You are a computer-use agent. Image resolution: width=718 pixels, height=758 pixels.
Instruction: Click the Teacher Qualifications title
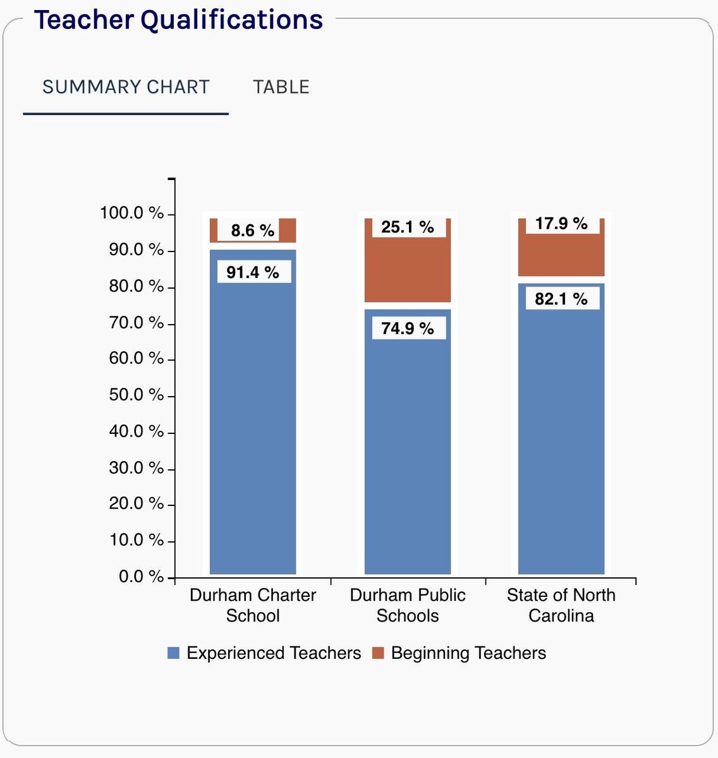(x=178, y=20)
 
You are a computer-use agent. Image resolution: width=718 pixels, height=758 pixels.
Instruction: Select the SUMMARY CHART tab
(x=126, y=87)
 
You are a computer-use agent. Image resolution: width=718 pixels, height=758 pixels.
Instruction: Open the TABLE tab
(x=281, y=87)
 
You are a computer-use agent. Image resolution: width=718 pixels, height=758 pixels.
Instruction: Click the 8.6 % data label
(x=253, y=231)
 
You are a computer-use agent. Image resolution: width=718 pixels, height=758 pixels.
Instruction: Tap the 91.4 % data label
(x=253, y=273)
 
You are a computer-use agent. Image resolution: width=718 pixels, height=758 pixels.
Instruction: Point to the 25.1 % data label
(x=408, y=227)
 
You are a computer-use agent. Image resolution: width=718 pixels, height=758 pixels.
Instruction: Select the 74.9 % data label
(x=408, y=328)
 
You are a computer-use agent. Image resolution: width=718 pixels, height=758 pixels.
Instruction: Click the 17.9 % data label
(x=561, y=224)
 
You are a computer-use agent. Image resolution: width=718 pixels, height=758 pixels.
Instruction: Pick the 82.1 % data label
(x=561, y=299)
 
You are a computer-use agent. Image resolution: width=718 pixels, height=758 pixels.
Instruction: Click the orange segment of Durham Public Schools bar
(x=408, y=270)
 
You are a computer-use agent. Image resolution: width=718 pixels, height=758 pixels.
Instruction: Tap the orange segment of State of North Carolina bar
(x=561, y=255)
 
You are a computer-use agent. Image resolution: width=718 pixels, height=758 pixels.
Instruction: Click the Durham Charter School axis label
(x=253, y=605)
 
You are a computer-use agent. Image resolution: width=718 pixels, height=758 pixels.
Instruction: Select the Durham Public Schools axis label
(x=408, y=605)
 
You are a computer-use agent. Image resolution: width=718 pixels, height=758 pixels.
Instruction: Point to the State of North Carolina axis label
(x=561, y=605)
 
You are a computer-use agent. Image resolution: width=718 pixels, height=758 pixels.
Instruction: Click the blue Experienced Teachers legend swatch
(x=173, y=653)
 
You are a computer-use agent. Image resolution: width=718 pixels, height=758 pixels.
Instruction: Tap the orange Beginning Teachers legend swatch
(x=378, y=653)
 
